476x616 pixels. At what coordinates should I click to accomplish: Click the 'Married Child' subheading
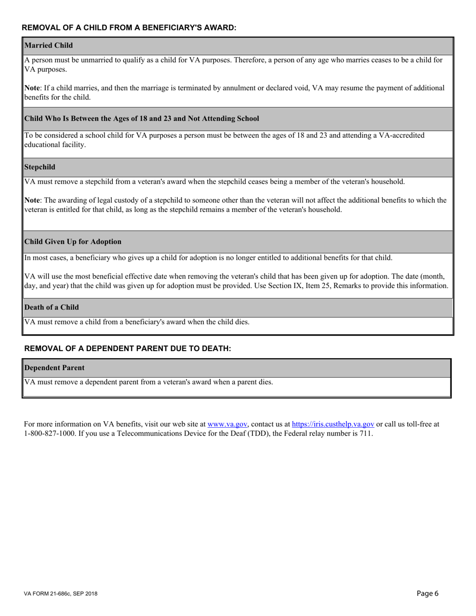(x=49, y=46)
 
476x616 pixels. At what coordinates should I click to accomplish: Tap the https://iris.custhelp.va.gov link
(x=333, y=424)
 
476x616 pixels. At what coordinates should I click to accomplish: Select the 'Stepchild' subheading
(x=40, y=167)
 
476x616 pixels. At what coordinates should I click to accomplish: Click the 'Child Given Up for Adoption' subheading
(x=73, y=242)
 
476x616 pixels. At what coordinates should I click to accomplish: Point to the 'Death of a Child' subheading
(x=52, y=307)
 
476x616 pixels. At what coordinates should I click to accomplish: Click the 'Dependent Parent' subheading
(x=55, y=368)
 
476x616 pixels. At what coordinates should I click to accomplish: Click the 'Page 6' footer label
(x=427, y=594)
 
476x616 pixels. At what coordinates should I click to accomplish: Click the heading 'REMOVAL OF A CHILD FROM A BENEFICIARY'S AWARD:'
(x=129, y=28)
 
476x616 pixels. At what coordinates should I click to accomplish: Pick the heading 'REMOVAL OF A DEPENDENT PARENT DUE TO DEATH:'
(x=128, y=349)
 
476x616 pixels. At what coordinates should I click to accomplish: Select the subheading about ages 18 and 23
(x=142, y=119)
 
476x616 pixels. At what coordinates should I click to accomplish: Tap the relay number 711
(x=365, y=434)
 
